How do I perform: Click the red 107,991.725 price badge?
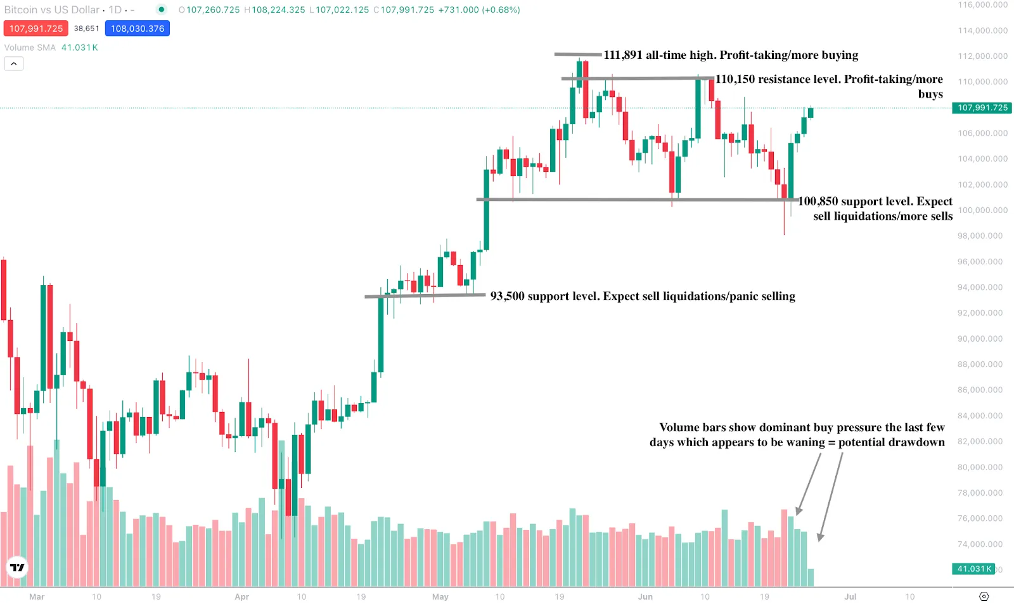(x=35, y=29)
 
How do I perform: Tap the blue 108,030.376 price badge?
(x=138, y=29)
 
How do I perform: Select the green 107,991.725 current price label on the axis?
(x=982, y=108)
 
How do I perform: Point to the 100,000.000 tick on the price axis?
(x=982, y=210)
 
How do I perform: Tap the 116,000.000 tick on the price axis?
(x=982, y=5)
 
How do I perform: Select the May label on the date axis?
(x=440, y=597)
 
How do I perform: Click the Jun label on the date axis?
(x=645, y=597)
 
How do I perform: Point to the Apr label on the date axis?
(x=241, y=597)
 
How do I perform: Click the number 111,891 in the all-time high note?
(x=623, y=55)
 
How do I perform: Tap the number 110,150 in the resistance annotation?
(x=735, y=79)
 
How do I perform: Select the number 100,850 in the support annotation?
(x=818, y=202)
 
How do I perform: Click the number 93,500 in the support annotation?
(x=507, y=296)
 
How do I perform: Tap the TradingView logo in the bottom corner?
(x=17, y=567)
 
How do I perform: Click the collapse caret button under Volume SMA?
(x=14, y=63)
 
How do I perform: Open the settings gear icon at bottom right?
(x=984, y=596)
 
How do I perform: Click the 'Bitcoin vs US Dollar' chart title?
(x=52, y=10)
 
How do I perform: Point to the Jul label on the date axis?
(x=850, y=597)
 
